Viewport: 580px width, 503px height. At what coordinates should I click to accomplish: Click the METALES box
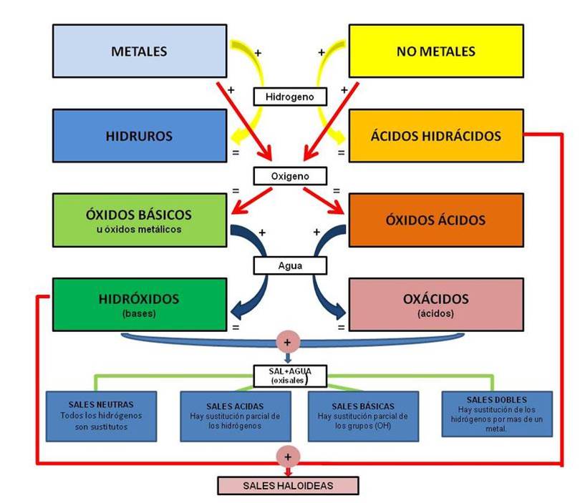(140, 52)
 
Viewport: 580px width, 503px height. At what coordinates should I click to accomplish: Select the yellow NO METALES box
(435, 52)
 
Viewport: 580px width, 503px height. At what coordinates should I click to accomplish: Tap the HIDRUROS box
(140, 135)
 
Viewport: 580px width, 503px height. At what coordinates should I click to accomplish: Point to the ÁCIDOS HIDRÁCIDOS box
(435, 135)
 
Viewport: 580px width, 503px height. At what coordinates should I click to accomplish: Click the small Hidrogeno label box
(290, 95)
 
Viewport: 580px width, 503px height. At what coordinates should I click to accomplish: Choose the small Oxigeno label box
(290, 175)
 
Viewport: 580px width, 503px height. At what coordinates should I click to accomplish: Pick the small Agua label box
(290, 265)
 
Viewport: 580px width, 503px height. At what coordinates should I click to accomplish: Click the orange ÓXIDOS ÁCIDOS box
(435, 220)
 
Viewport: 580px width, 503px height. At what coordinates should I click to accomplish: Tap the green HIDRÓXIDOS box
(140, 303)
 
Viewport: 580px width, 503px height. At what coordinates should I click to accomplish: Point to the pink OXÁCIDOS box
(435, 303)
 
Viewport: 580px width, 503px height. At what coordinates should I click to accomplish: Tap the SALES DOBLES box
(496, 414)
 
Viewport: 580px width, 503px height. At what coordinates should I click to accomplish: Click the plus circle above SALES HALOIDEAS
(288, 456)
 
